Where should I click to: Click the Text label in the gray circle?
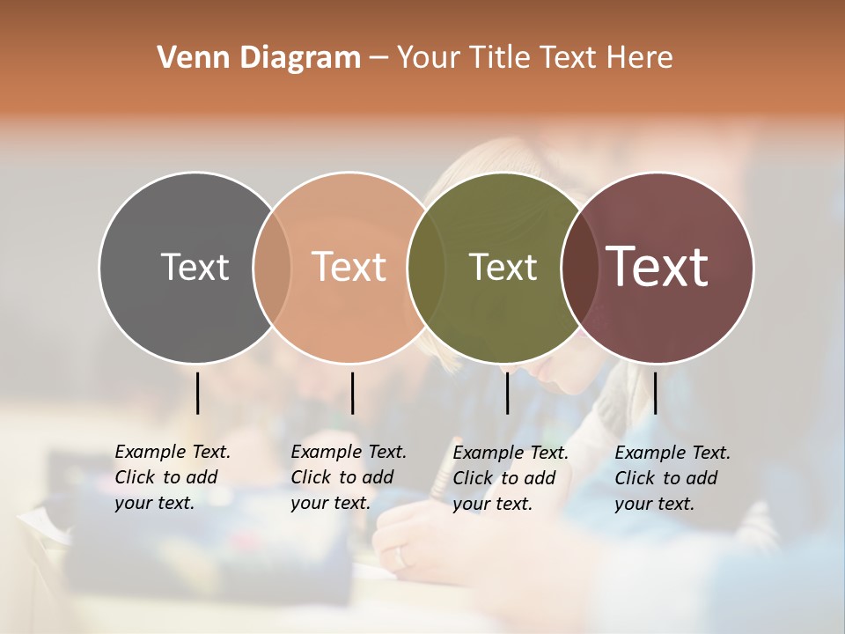(x=195, y=267)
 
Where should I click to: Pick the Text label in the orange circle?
(x=349, y=267)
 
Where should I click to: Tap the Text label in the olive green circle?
(x=503, y=267)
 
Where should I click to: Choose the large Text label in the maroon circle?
(x=658, y=266)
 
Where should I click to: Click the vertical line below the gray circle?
(x=197, y=393)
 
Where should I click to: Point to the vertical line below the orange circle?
(x=352, y=393)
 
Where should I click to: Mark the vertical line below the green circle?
(x=507, y=393)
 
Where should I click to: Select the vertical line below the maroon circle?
(x=655, y=393)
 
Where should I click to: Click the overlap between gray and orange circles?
(x=272, y=267)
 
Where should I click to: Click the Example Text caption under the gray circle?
(x=172, y=477)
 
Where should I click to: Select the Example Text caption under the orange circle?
(x=348, y=477)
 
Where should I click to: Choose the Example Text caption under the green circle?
(x=510, y=478)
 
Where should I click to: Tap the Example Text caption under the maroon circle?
(x=672, y=478)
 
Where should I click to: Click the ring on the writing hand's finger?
(x=400, y=557)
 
